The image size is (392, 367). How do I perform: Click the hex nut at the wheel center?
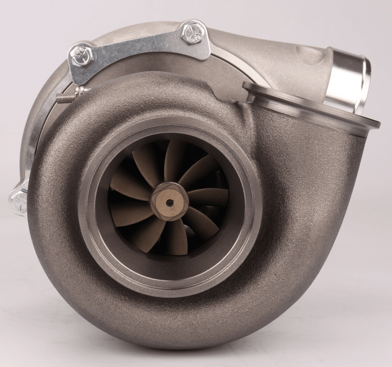click(169, 201)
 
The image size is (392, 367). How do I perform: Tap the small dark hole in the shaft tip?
click(169, 201)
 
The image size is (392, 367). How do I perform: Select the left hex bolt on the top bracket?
click(82, 55)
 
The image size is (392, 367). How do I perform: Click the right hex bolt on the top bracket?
click(192, 33)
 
